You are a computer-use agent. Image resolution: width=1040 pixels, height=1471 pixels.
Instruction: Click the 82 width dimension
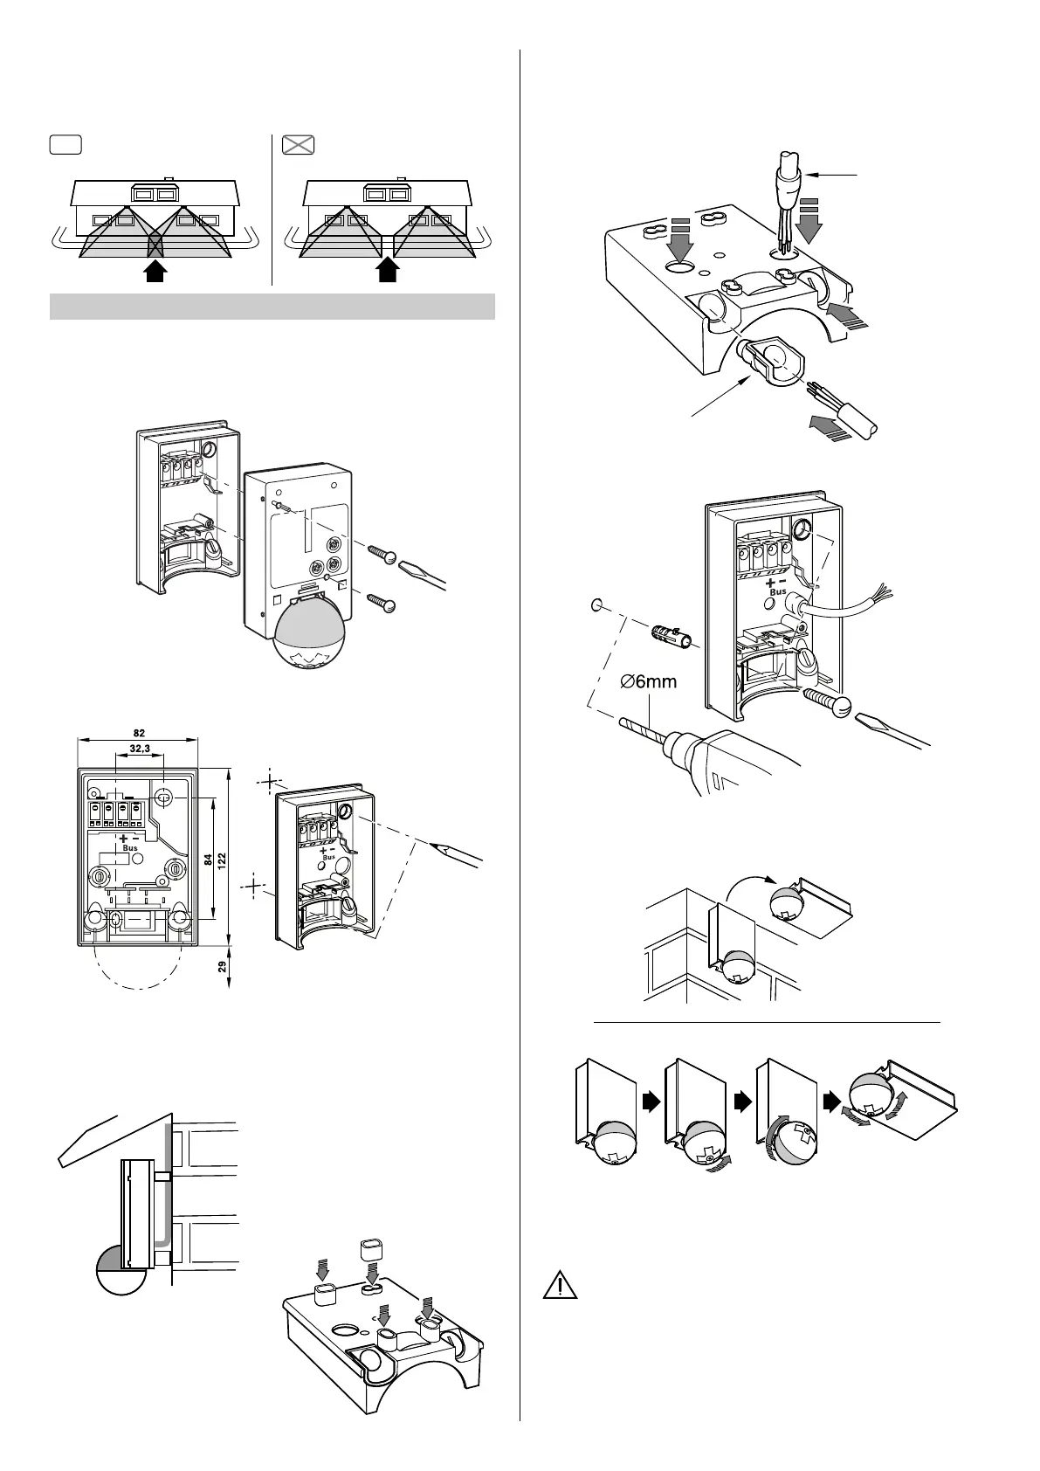(x=139, y=732)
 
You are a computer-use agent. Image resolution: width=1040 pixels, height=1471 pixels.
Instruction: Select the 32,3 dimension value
(x=140, y=749)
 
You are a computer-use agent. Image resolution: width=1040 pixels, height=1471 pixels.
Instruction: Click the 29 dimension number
(x=222, y=967)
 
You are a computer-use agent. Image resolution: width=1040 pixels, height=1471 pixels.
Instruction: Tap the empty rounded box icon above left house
(x=65, y=145)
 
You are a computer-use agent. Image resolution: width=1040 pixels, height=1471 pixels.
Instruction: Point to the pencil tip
(x=437, y=844)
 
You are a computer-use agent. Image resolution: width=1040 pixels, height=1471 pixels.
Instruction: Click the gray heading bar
(x=272, y=307)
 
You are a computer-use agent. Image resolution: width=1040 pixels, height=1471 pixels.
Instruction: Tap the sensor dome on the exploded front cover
(x=310, y=643)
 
